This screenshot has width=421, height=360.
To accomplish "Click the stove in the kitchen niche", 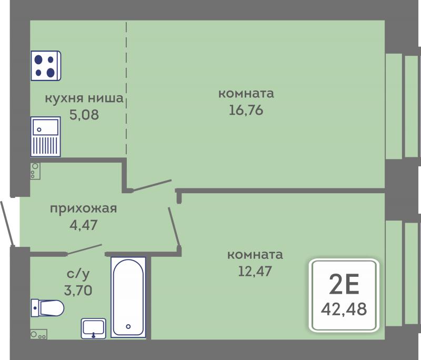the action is click(46, 66).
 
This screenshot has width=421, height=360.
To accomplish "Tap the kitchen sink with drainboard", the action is click(45, 136).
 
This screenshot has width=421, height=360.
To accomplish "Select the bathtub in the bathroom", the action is click(128, 297).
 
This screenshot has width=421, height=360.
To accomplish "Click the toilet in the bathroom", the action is click(47, 308).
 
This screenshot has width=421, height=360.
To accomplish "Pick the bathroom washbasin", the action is click(94, 328).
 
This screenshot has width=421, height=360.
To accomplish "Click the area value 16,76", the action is click(246, 111).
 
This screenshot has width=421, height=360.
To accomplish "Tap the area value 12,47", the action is click(255, 271).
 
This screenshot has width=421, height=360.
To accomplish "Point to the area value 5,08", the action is click(84, 115).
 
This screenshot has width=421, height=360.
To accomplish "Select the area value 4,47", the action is click(84, 225).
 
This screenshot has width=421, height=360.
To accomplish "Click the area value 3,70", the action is click(78, 290).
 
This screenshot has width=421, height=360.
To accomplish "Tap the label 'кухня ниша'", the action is click(84, 98).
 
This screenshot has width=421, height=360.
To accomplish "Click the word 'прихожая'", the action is click(84, 209).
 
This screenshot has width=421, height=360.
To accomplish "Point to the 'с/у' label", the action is click(78, 274).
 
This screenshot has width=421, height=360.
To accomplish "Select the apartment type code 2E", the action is click(344, 285).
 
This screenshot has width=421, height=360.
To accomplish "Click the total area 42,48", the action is click(344, 309).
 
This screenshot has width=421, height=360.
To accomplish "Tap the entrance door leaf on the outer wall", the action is click(6, 223).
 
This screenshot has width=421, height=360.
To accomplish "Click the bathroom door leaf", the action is click(84, 249).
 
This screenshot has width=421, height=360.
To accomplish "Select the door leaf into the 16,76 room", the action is click(152, 185).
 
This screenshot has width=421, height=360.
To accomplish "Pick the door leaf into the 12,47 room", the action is click(174, 227).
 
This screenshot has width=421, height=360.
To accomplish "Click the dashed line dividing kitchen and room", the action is click(126, 88).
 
